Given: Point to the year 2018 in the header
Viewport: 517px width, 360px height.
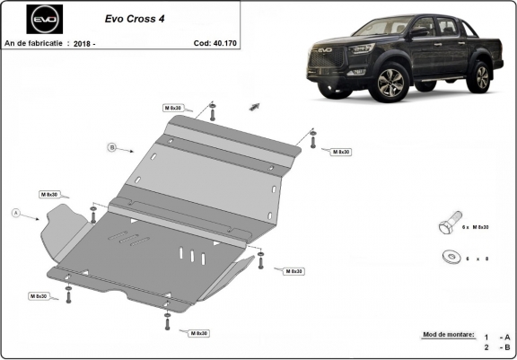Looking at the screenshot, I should coord(83,42).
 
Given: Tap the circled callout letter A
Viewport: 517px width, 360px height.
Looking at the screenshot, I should coord(15,213).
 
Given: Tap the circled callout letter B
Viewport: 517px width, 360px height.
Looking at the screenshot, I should coord(112,146).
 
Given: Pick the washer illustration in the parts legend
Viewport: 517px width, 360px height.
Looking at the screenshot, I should coord(448,256).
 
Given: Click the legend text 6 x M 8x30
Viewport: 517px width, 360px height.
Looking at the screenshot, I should coord(477,228).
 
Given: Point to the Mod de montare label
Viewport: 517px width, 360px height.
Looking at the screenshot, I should coord(448,334).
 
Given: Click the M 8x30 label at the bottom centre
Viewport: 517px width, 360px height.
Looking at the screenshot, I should coord(198,333).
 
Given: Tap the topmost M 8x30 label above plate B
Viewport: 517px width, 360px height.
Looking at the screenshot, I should coord(173,107).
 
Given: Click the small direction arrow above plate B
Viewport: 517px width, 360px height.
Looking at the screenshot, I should coord(255,106).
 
